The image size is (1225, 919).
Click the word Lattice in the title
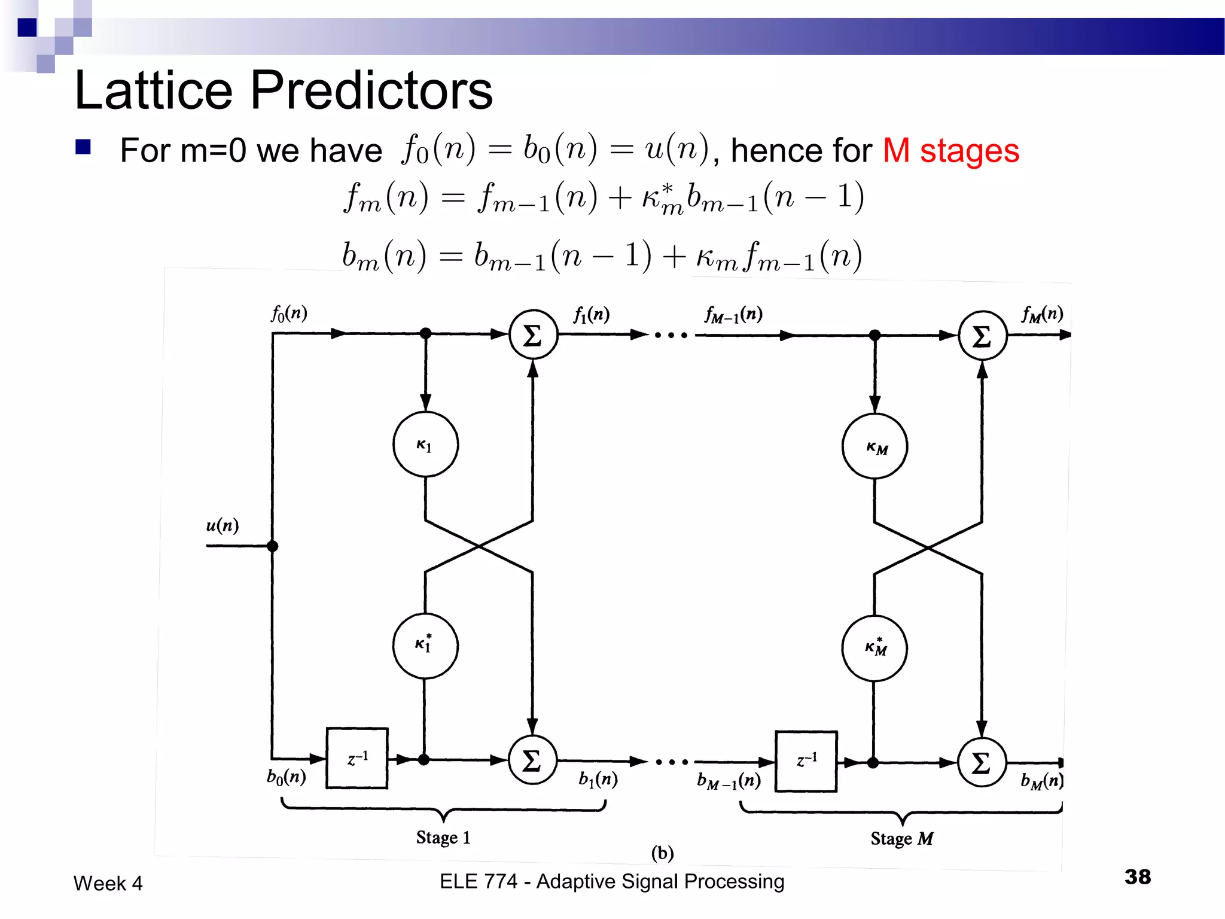153,91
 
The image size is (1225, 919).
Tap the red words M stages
950,150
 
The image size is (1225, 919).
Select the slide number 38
1137,877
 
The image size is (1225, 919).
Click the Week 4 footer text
108,883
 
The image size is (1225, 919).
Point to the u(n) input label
223,525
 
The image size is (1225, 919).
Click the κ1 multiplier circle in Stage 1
425,444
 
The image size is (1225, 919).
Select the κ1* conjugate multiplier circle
425,645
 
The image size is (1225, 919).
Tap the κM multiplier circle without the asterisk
874,446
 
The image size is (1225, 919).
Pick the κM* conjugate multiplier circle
874,648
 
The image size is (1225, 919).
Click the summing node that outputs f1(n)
533,334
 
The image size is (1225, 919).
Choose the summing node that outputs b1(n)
532,760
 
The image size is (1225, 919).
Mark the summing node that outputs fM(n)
982,336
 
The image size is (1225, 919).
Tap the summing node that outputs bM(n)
982,762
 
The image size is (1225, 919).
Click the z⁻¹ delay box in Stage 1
357,758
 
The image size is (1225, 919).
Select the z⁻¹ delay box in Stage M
806,761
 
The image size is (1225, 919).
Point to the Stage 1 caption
443,837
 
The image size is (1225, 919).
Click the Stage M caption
901,838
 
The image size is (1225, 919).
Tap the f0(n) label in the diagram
289,313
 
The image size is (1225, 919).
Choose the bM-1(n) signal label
729,781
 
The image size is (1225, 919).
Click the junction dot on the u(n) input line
273,546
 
